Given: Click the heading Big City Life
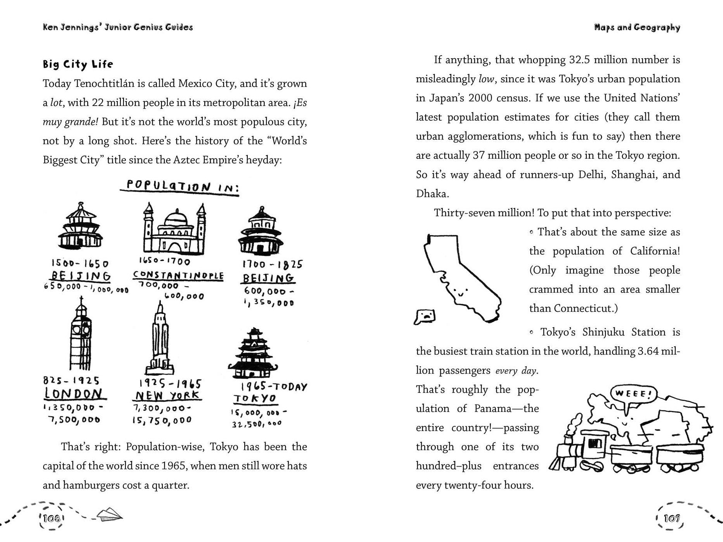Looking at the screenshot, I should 78,64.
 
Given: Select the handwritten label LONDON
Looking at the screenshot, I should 75,394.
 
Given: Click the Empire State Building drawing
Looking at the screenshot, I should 160,340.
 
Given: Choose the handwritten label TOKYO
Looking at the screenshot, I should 255,398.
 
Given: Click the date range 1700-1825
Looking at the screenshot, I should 272,264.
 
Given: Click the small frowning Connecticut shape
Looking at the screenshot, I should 425,317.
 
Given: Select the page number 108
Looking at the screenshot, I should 51,518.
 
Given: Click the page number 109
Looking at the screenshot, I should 671,518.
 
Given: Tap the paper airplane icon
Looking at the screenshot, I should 109,514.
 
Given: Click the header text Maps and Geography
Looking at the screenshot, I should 637,27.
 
